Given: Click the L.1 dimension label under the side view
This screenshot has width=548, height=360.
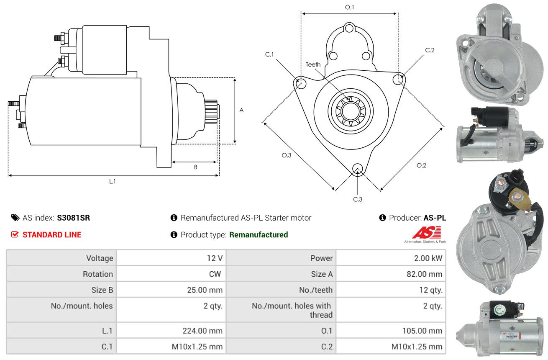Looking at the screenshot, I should tap(112, 181).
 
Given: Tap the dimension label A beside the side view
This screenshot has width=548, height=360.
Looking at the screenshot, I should tap(241, 110).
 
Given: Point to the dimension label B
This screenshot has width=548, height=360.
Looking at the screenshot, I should tap(195, 167).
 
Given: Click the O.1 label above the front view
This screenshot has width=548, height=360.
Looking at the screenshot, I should tap(349, 7).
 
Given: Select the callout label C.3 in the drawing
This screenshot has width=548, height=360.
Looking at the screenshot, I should tap(358, 199).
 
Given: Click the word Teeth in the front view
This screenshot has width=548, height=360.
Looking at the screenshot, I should tap(313, 64).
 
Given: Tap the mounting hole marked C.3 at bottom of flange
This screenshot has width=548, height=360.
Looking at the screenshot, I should tap(358, 169).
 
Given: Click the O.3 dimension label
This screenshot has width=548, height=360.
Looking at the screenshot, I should tap(286, 155).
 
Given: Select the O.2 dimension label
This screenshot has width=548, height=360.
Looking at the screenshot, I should tap(421, 165).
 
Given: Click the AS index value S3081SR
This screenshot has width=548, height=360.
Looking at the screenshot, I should tap(73, 218).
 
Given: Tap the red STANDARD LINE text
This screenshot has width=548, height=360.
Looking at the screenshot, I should tap(52, 235).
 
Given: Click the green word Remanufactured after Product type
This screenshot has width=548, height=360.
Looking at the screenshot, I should tap(259, 235).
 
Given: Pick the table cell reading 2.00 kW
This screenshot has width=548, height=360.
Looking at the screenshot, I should tap(428, 258).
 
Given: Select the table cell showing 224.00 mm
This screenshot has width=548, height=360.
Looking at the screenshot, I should tap(202, 331).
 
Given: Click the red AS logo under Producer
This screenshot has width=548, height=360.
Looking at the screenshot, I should tap(426, 233).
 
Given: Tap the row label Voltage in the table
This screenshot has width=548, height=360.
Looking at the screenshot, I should tap(100, 258).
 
